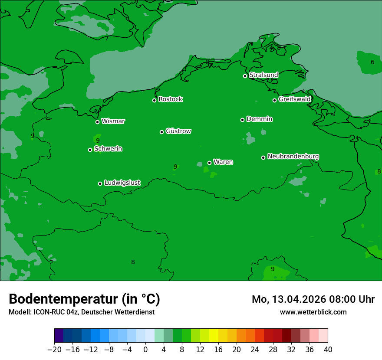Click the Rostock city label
tap(171, 99)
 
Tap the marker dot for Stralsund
tap(245, 76)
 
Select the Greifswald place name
tap(295, 99)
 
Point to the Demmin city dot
tap(242, 120)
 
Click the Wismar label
tap(113, 121)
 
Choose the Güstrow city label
tap(178, 131)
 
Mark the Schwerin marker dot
tap(90, 150)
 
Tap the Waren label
tap(223, 162)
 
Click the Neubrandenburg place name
tap(293, 156)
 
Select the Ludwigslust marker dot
tap(100, 183)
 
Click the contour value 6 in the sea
tap(372, 62)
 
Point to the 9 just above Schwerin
tap(98, 141)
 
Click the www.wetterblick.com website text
tap(313, 312)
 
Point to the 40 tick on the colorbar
tap(328, 350)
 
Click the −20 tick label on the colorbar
tap(54, 350)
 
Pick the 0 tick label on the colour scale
tap(145, 350)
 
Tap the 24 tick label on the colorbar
tap(255, 350)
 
